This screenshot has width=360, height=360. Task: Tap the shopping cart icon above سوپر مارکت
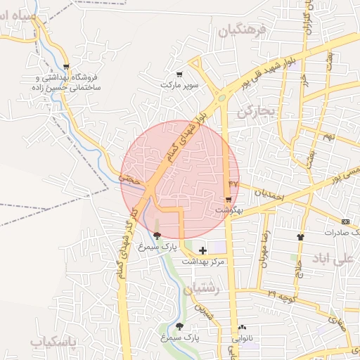pyautogui.click(x=179, y=74)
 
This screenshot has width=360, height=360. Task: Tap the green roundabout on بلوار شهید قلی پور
pyautogui.click(x=221, y=98)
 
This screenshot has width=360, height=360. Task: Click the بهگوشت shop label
pyautogui.click(x=229, y=211)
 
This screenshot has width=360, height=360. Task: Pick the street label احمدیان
pyautogui.click(x=267, y=195)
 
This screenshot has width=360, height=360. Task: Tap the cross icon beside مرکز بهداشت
pyautogui.click(x=203, y=250)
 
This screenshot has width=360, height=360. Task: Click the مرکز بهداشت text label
pyautogui.click(x=203, y=262)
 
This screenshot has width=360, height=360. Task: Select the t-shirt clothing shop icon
pyautogui.click(x=301, y=237)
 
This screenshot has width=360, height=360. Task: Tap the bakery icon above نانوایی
pyautogui.click(x=243, y=327)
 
